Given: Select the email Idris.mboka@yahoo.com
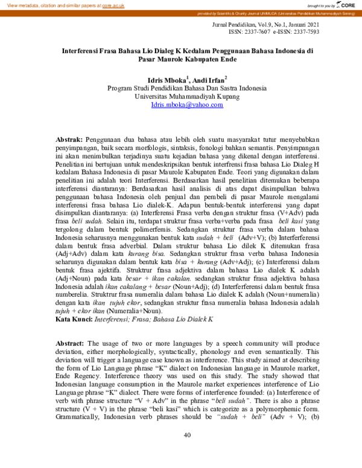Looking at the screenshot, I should (x=187, y=104).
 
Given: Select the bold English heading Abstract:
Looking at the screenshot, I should (x=71, y=343).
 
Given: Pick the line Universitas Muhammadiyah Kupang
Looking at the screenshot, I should (x=187, y=96).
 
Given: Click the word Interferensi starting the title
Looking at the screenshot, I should (x=83, y=52).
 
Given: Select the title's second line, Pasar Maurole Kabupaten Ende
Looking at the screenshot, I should (x=187, y=62).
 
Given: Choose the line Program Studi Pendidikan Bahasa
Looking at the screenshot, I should (x=187, y=87).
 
